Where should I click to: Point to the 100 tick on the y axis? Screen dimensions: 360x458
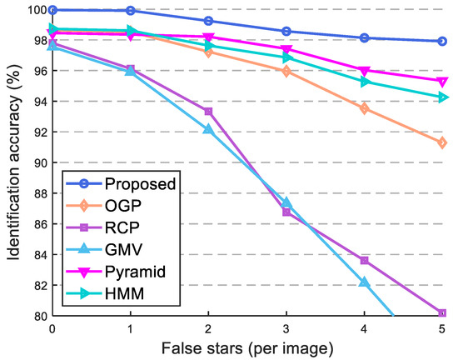[33, 10]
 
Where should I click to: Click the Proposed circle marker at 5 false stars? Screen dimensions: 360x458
[442, 41]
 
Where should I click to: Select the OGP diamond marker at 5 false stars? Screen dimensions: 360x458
[442, 142]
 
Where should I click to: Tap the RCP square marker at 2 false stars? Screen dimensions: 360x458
[208, 112]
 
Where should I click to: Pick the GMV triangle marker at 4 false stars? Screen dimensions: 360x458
[364, 282]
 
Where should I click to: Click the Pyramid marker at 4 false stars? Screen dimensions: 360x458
[364, 71]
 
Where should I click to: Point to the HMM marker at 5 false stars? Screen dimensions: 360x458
[442, 97]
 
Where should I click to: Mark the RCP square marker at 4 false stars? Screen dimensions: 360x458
[364, 260]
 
